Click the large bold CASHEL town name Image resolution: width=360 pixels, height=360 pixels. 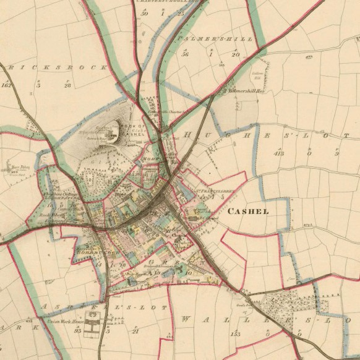point(249,211)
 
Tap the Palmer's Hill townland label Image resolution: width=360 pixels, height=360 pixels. point(215,39)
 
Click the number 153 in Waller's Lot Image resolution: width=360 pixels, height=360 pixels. point(235,334)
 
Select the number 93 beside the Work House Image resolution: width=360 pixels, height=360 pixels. point(79,331)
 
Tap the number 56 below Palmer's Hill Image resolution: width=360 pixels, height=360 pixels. point(185,54)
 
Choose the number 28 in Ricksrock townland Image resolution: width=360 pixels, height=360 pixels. point(67,85)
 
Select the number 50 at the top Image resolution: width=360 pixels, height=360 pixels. point(145,12)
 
